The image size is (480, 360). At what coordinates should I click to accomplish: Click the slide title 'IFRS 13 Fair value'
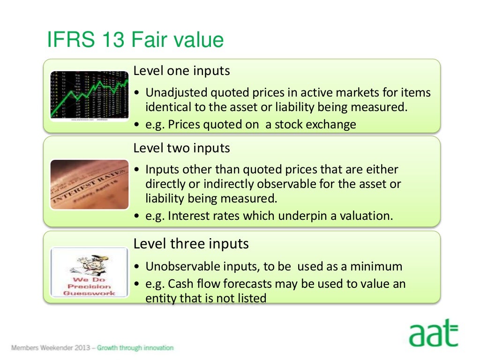[135, 40]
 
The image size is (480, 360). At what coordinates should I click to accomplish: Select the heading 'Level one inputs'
[181, 71]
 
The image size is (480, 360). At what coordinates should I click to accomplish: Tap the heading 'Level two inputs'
[181, 148]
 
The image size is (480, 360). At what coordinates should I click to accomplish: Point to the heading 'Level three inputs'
[191, 244]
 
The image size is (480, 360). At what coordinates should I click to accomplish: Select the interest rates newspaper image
[89, 184]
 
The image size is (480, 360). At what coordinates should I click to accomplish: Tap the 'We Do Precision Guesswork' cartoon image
[89, 272]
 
